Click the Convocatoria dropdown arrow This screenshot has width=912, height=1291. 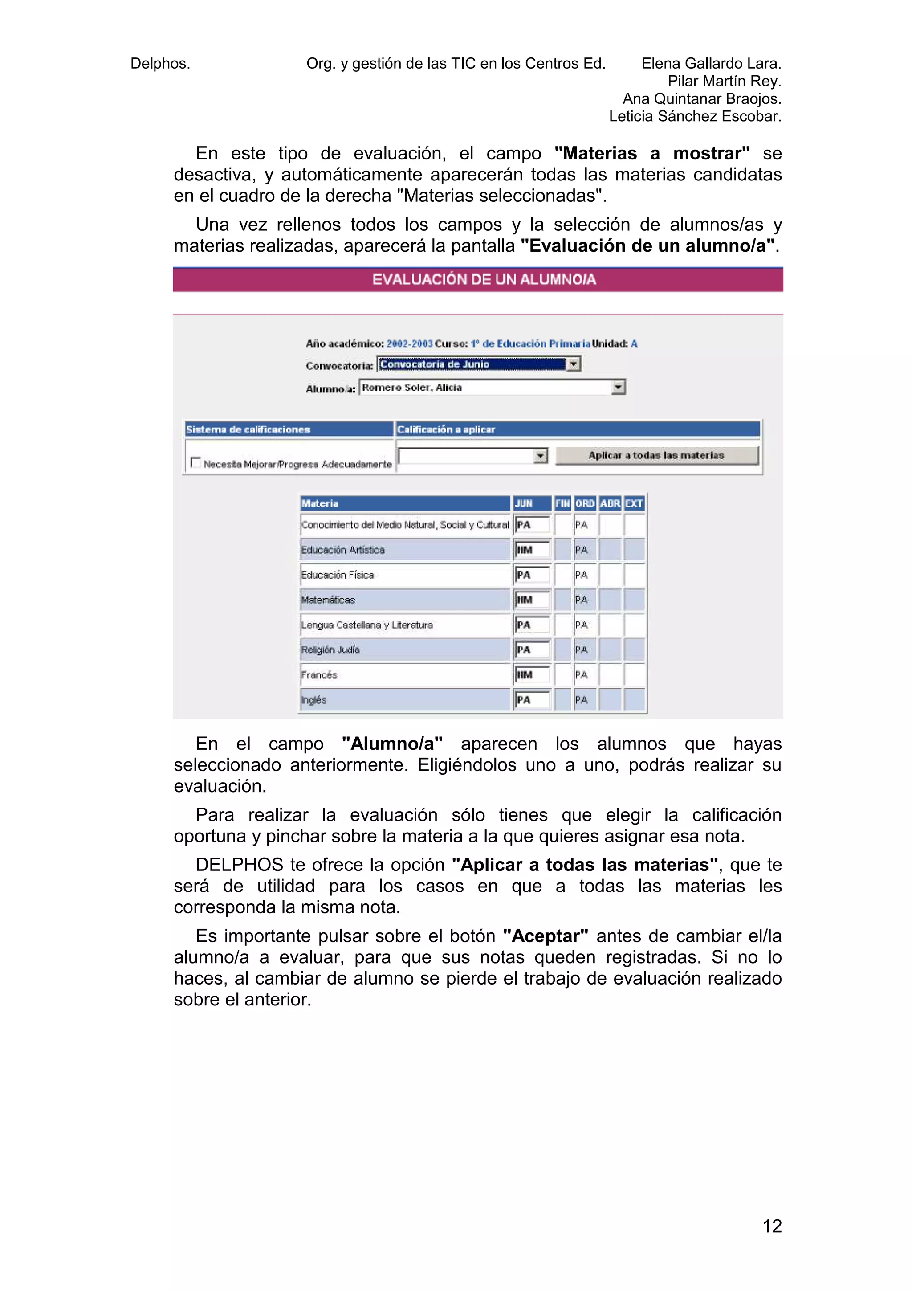(x=573, y=364)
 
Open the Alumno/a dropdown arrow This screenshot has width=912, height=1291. (x=618, y=388)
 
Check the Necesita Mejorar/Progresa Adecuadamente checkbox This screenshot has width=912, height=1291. (x=195, y=462)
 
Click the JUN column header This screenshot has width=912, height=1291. (x=523, y=503)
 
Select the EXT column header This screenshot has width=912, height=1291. (x=634, y=503)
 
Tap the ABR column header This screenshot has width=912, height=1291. (x=610, y=503)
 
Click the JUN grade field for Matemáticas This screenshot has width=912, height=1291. (x=532, y=600)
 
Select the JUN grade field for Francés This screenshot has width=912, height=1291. (x=532, y=675)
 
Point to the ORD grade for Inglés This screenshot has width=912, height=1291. (x=582, y=700)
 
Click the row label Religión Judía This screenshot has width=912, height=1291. (x=330, y=650)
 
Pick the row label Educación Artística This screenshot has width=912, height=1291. (x=343, y=550)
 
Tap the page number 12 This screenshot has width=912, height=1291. (x=772, y=1226)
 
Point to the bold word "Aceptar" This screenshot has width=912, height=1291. (x=546, y=936)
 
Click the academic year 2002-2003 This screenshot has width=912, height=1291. (x=410, y=343)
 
